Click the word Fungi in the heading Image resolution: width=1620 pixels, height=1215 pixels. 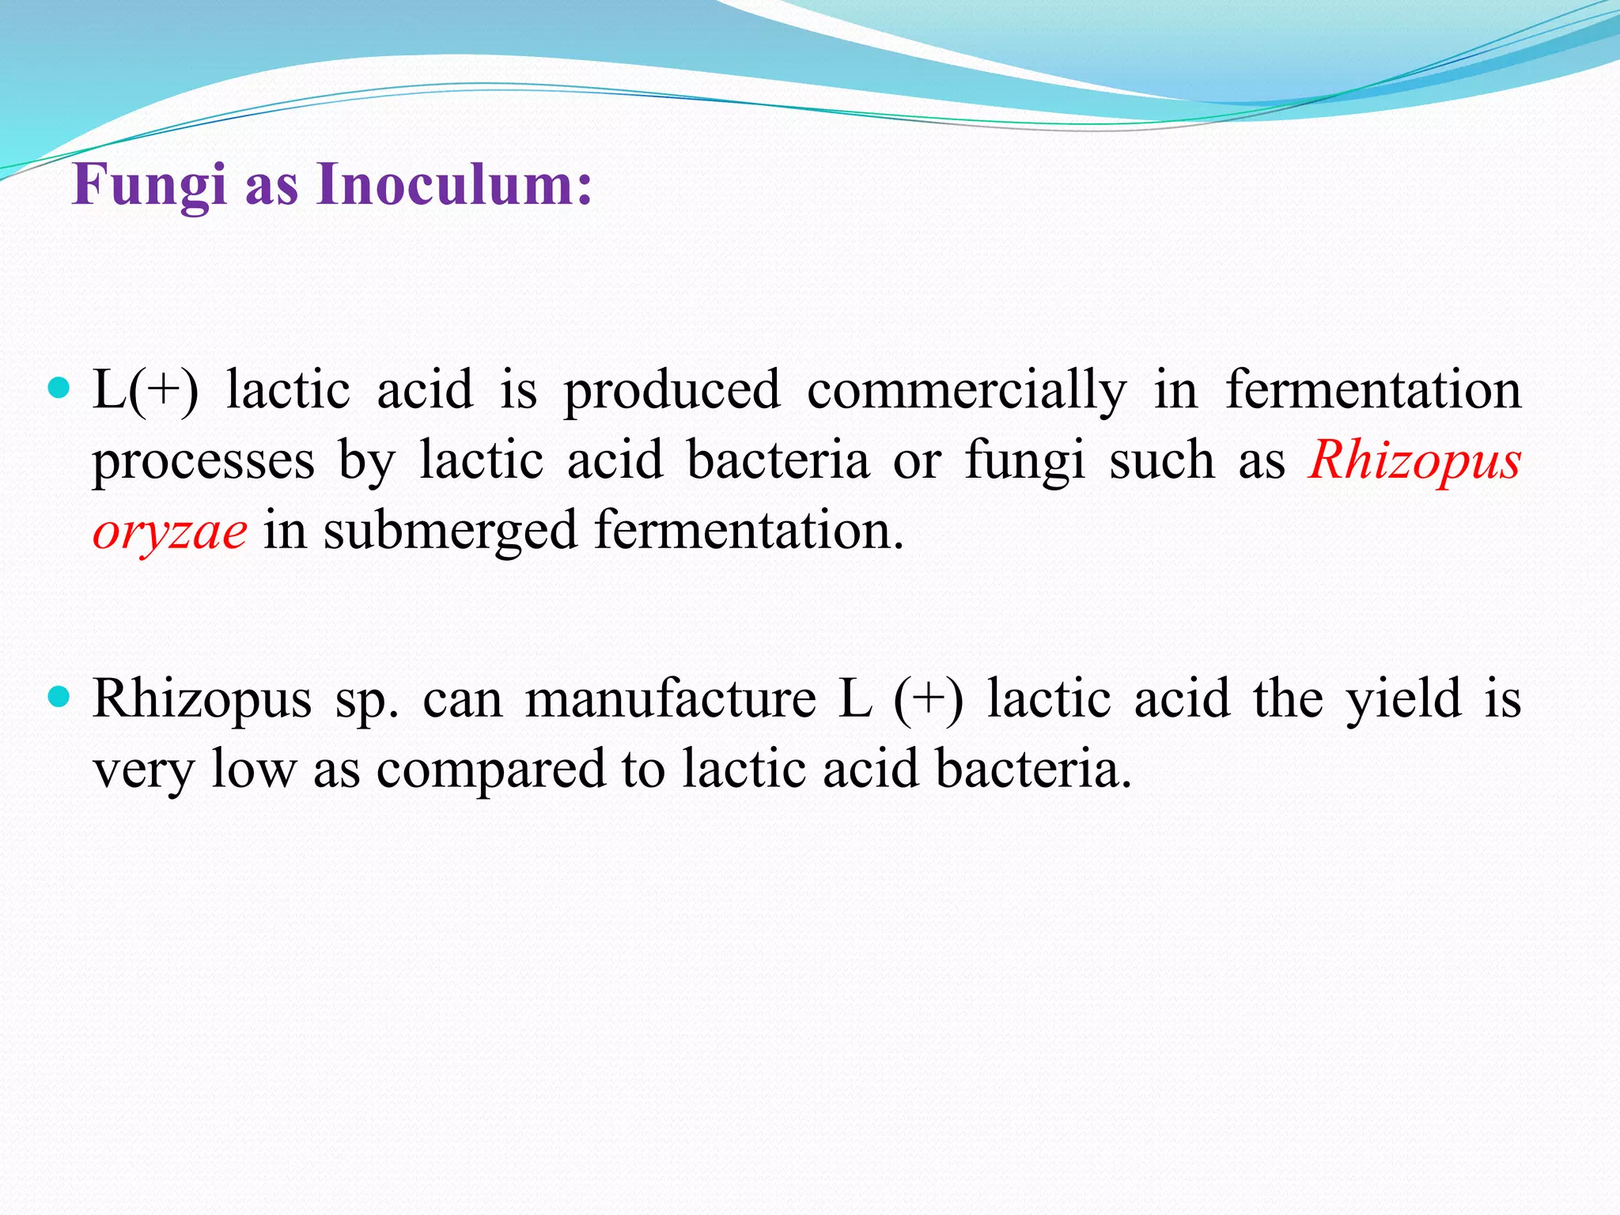click(149, 185)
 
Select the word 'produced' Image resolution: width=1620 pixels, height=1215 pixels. click(672, 389)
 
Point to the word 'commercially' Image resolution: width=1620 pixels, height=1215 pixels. click(967, 391)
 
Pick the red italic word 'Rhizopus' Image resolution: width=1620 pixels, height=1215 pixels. click(1414, 460)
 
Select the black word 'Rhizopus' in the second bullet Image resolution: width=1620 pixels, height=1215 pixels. click(202, 699)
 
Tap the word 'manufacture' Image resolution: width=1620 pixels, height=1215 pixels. click(671, 698)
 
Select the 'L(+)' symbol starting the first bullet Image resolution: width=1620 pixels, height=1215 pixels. click(146, 389)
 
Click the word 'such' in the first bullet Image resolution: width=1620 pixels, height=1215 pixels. click(1161, 460)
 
